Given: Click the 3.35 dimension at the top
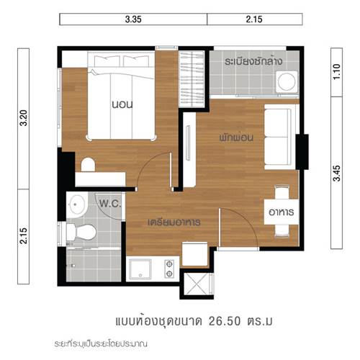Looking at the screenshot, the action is coord(133,19).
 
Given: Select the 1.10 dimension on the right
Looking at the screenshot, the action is coord(337,72).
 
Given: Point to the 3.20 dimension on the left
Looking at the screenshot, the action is coord(24,118).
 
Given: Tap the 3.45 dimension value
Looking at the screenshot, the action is coord(337,174).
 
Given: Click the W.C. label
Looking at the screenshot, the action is coord(110,204).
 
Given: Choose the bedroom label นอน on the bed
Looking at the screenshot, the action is coord(122,104).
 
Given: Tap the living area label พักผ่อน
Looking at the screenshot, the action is coord(236,138).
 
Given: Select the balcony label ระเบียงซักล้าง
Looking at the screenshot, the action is coord(253,61).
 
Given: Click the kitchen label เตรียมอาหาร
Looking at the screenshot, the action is coord(174,222).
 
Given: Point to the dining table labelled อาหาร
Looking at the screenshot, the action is coord(282,212).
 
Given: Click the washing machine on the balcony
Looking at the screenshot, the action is coord(287,81).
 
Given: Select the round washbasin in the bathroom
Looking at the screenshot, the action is coord(77,204).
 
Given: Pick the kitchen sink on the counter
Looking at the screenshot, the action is coord(140,269).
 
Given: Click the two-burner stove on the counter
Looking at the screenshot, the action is coord(169,269).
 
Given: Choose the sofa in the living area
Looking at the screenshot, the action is coord(279,137).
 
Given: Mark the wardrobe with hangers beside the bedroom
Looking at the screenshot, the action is coord(192,79).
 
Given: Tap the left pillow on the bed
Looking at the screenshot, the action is coord(107,61).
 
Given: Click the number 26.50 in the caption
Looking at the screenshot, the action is coord(225,321).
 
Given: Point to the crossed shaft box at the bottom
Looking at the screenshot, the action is coord(197,284).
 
